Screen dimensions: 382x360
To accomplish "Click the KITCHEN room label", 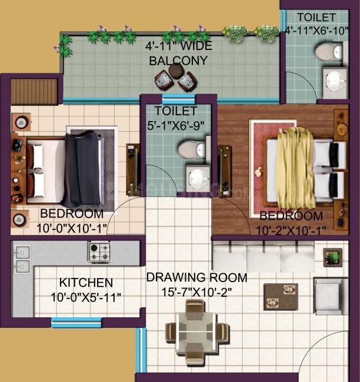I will tap(86, 283).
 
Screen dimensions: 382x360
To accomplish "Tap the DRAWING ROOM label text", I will tap(197, 277).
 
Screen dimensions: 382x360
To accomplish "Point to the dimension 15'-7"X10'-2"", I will tap(197, 291).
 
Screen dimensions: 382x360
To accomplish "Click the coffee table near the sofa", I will tap(281, 296).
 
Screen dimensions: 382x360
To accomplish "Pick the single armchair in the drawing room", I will tap(329, 296).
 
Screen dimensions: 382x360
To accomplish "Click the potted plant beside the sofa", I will tap(333, 257).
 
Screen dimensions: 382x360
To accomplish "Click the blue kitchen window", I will tap(76, 321).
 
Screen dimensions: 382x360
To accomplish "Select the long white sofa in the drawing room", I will tap(263, 257).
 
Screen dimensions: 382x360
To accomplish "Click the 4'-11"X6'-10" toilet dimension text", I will tap(316, 29).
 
